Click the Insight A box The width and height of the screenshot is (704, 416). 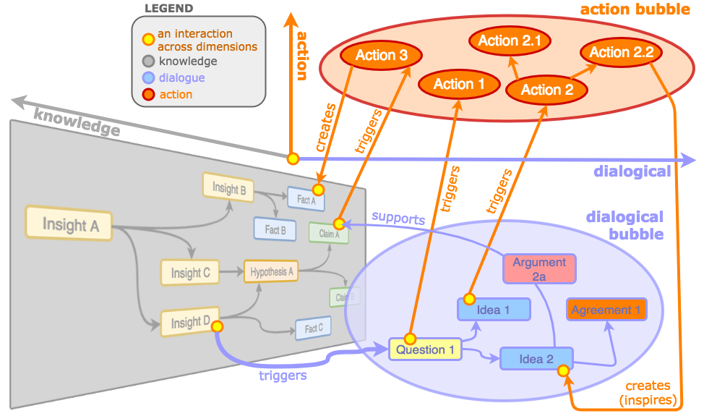[70, 224]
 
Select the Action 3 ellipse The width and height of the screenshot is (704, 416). [376, 55]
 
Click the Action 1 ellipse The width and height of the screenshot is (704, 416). [459, 84]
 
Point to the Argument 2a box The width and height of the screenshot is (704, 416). [539, 268]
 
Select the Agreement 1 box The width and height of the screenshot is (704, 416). [606, 310]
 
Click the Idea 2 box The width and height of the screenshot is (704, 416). [536, 359]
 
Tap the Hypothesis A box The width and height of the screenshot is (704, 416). [271, 272]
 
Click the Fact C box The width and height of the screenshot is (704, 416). [313, 328]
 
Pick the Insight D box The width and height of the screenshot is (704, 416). [190, 322]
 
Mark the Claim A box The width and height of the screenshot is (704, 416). [329, 233]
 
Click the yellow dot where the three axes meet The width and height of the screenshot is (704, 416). [293, 158]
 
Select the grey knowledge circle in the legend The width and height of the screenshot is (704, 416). [147, 61]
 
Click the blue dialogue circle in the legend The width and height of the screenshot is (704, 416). [147, 77]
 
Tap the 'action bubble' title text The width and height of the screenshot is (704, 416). [635, 10]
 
